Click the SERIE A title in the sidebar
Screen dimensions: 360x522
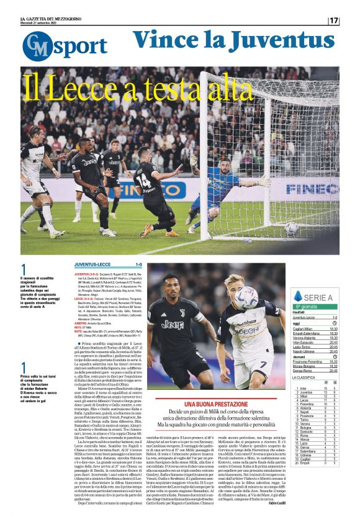(x=320, y=297)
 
